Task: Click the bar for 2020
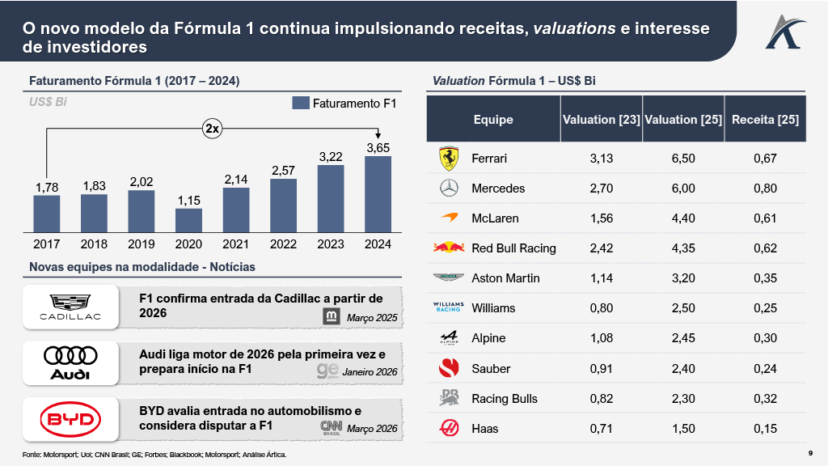(x=188, y=220)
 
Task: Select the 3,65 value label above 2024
(x=378, y=148)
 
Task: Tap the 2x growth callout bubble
(x=212, y=128)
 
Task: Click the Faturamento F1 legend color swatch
(x=301, y=104)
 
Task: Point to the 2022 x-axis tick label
(x=283, y=244)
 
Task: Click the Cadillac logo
(x=70, y=306)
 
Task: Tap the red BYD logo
(x=70, y=418)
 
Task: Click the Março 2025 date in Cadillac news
(x=372, y=318)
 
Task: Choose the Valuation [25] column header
(x=683, y=120)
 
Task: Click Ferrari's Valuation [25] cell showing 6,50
(x=683, y=159)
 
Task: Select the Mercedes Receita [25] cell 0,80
(x=765, y=189)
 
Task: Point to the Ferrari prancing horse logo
(x=448, y=159)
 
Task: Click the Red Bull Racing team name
(x=513, y=248)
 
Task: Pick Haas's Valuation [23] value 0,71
(x=602, y=428)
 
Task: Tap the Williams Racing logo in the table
(x=448, y=307)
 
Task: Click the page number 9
(x=810, y=452)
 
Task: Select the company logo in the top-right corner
(x=783, y=31)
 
